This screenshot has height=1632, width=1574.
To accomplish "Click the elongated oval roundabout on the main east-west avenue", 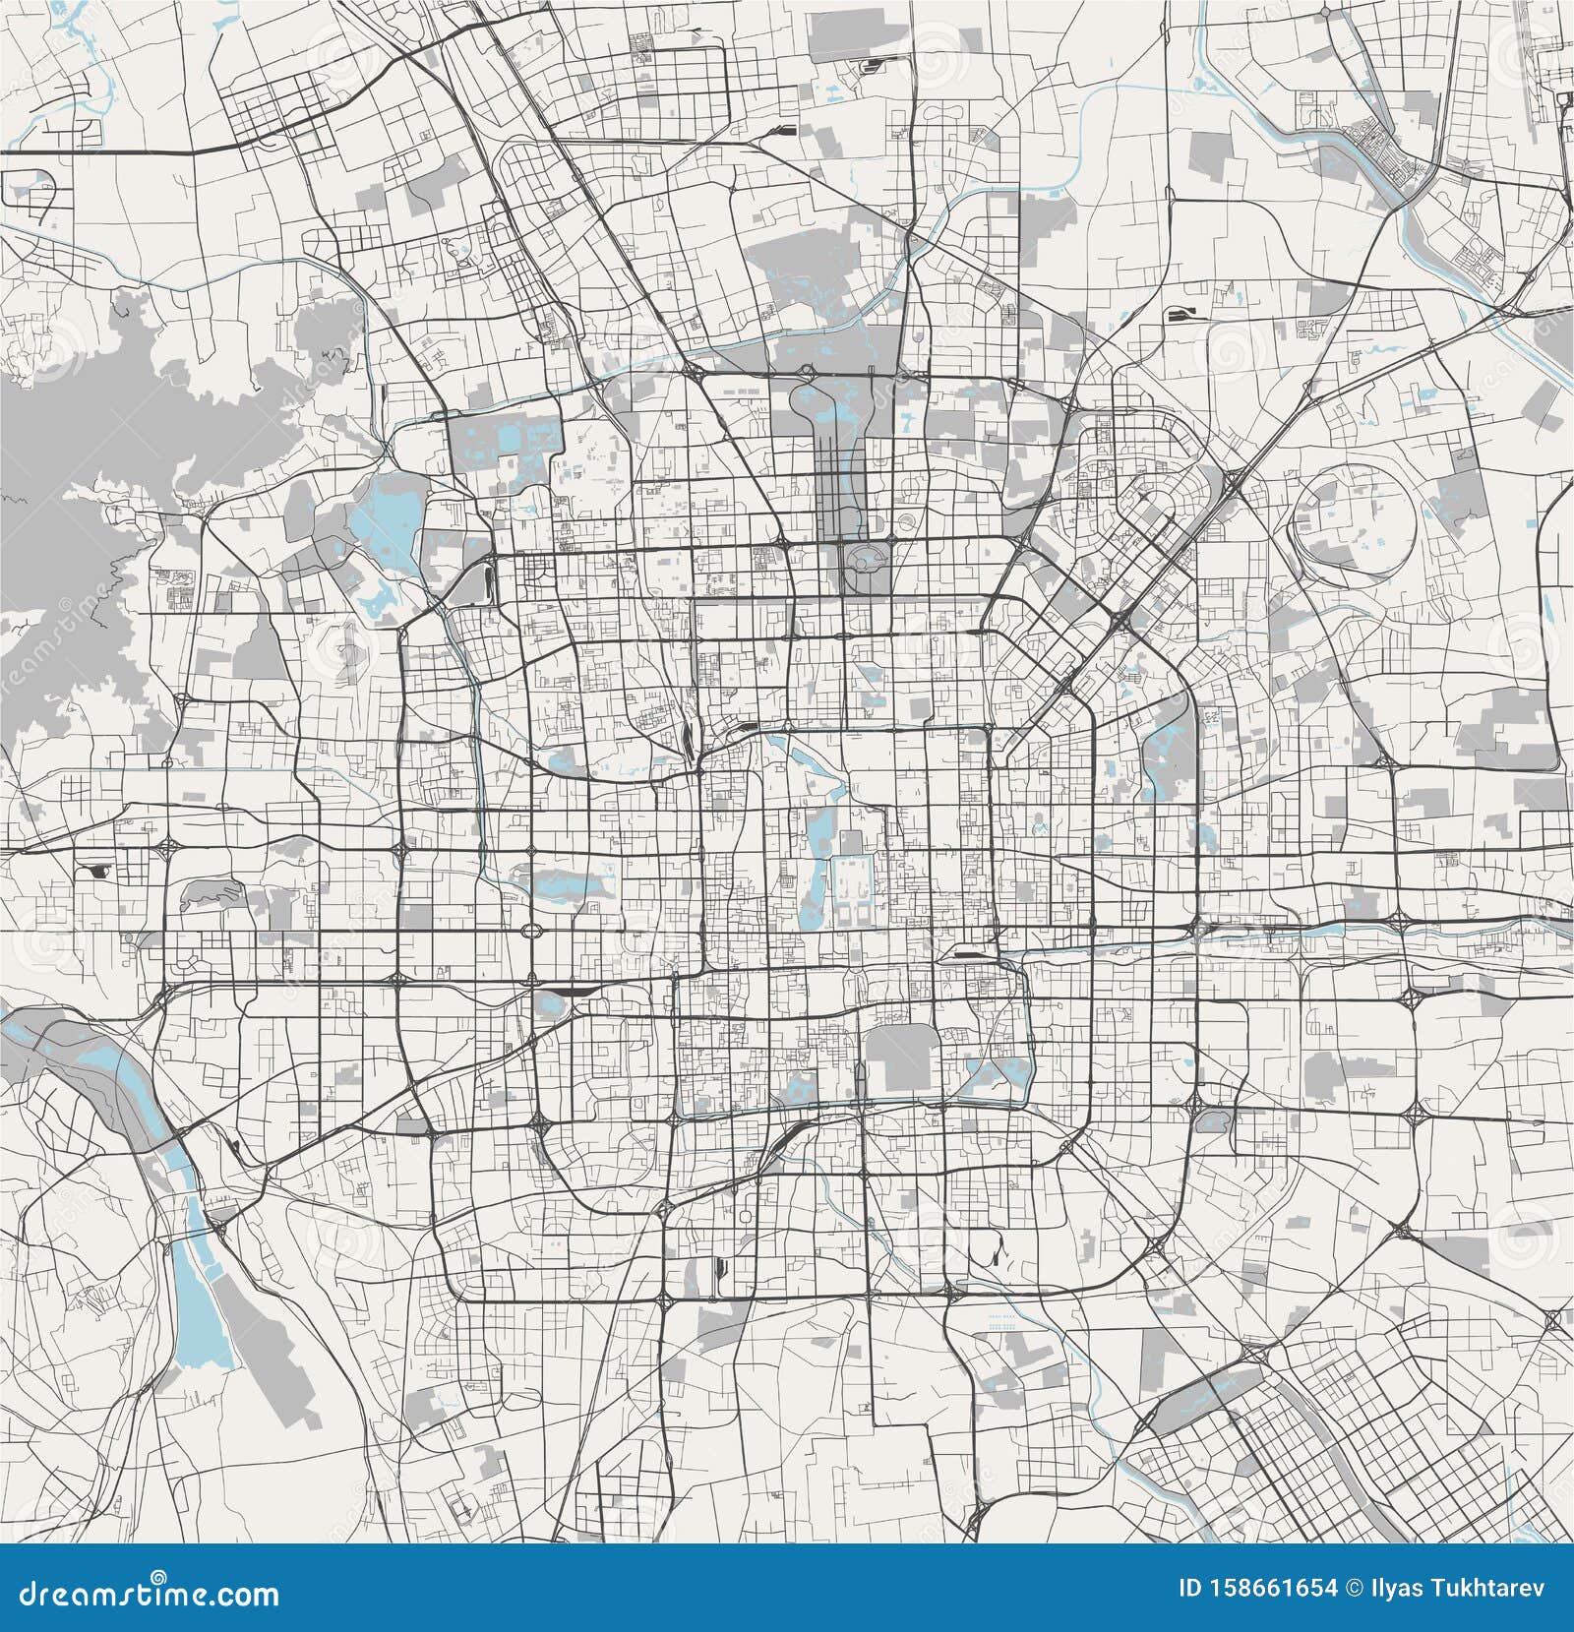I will [x=532, y=931].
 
